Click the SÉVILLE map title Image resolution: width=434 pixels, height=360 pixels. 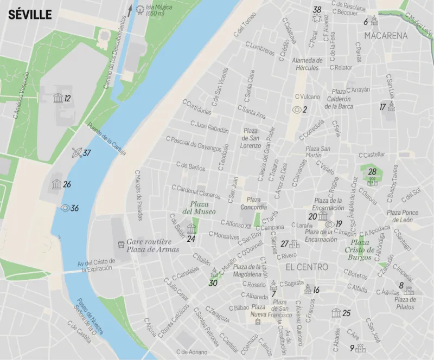(x=30, y=15)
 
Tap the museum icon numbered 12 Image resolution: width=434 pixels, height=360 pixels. (x=57, y=98)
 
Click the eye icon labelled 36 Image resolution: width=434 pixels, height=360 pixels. (x=65, y=208)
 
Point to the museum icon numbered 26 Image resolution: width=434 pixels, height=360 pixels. (x=56, y=184)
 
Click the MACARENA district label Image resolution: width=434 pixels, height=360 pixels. (x=386, y=36)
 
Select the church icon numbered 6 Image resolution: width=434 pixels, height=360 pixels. (x=374, y=21)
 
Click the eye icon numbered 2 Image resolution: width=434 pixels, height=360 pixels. (x=296, y=110)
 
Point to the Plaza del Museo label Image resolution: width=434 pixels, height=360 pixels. (x=199, y=207)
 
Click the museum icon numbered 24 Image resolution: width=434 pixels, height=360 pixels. (x=190, y=228)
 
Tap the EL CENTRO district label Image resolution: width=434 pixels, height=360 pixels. (x=307, y=267)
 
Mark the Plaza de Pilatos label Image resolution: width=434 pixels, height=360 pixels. (x=405, y=303)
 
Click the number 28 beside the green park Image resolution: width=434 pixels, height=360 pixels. (x=372, y=172)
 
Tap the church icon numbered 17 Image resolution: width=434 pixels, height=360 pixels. (x=391, y=106)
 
